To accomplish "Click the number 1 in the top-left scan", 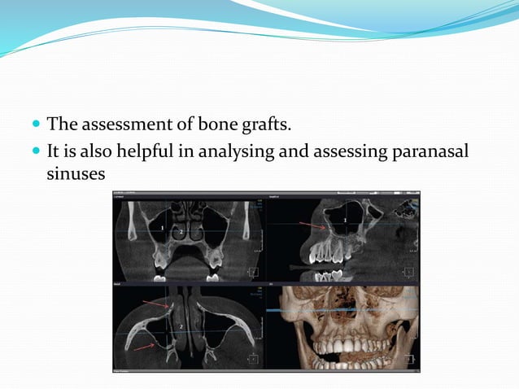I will [163, 229].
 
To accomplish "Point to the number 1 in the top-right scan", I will [345, 221].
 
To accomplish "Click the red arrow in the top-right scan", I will [312, 227].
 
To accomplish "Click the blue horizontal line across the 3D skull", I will [325, 311].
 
